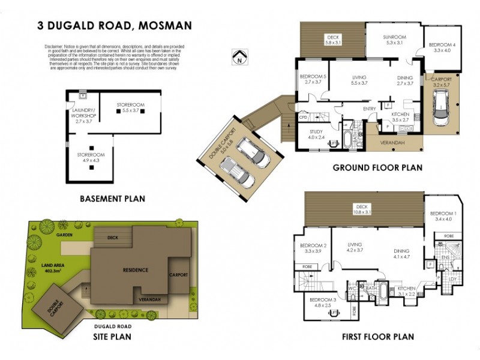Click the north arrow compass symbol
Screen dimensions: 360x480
click(240, 57)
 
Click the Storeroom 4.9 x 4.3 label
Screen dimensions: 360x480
click(90, 158)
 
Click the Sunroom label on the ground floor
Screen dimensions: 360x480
click(395, 40)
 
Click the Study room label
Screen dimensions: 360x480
click(316, 135)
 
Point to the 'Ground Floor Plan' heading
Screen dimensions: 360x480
click(377, 168)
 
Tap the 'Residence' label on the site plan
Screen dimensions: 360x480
click(136, 270)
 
